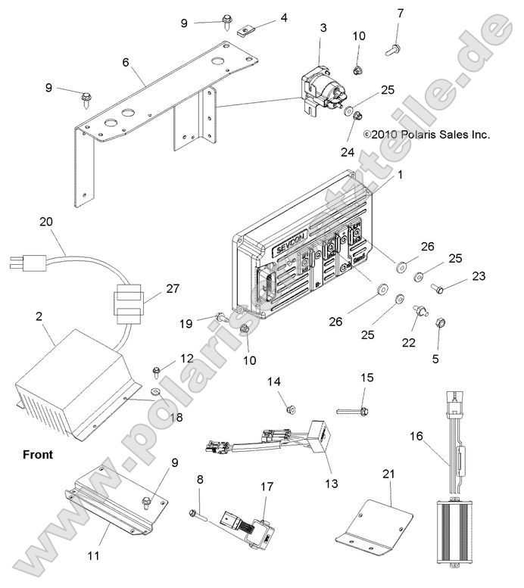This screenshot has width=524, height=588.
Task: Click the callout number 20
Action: (x=46, y=221)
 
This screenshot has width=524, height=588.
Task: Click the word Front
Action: (x=38, y=455)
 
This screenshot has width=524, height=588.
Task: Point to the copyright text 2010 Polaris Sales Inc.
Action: (x=437, y=134)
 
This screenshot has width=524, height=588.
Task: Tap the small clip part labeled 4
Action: (x=245, y=32)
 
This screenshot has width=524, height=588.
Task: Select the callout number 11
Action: (x=94, y=555)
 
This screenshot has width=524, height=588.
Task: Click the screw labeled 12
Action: (x=156, y=370)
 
